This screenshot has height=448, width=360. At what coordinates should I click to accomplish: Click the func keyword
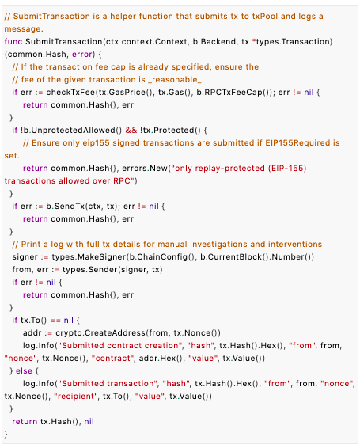[13, 42]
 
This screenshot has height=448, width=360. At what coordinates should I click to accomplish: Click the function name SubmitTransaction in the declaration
[64, 42]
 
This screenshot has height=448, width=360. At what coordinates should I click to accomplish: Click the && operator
[131, 131]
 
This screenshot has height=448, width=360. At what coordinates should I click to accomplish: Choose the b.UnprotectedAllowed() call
[73, 131]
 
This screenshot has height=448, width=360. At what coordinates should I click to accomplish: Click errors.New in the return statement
[145, 169]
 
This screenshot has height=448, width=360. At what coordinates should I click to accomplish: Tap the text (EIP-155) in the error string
[287, 169]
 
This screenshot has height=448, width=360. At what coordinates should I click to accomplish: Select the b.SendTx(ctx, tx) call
[81, 207]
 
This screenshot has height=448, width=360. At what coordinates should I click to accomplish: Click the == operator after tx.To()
[55, 321]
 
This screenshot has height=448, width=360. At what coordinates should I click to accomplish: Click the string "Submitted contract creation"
[120, 345]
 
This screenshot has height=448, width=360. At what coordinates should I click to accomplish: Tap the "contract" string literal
[113, 359]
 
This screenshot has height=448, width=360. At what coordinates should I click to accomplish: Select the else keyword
[24, 371]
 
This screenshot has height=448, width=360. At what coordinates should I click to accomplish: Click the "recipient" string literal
[76, 397]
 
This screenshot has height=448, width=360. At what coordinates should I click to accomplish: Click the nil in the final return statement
[89, 421]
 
